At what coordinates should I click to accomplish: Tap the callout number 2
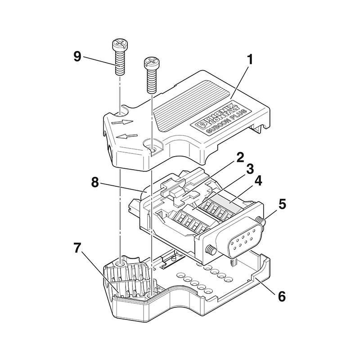240,158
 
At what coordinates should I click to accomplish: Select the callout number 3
250,170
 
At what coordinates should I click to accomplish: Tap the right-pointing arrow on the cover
122,121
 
